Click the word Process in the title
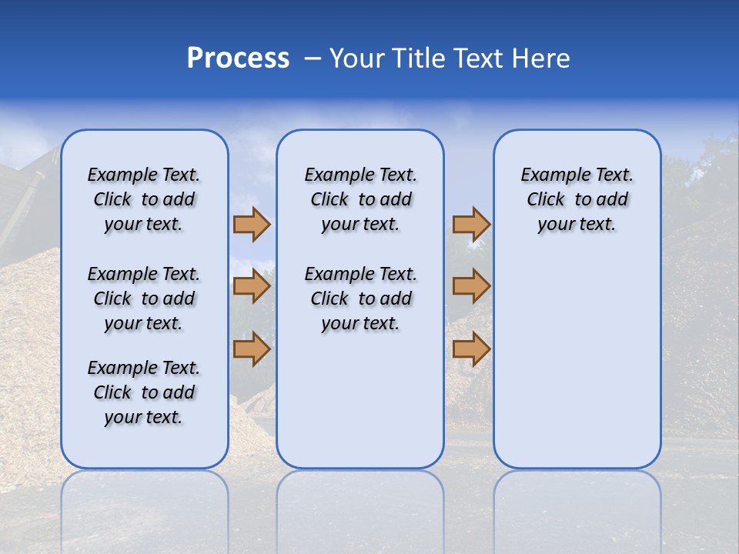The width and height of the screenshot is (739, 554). point(238,58)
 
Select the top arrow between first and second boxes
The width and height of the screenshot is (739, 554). point(252,225)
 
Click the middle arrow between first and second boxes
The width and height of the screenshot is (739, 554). point(252,287)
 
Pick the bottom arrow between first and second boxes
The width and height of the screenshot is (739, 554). point(252,349)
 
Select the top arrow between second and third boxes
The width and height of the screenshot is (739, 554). point(471,225)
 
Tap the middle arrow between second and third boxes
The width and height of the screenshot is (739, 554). point(471,287)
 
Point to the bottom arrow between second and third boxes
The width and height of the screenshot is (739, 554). point(471,349)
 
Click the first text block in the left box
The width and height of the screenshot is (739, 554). point(144,200)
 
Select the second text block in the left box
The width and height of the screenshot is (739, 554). point(144,299)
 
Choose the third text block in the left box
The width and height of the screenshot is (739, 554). point(144,392)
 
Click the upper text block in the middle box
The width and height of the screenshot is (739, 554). point(360,200)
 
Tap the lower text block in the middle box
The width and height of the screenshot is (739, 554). point(360,299)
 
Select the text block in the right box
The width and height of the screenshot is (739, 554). point(577,200)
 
